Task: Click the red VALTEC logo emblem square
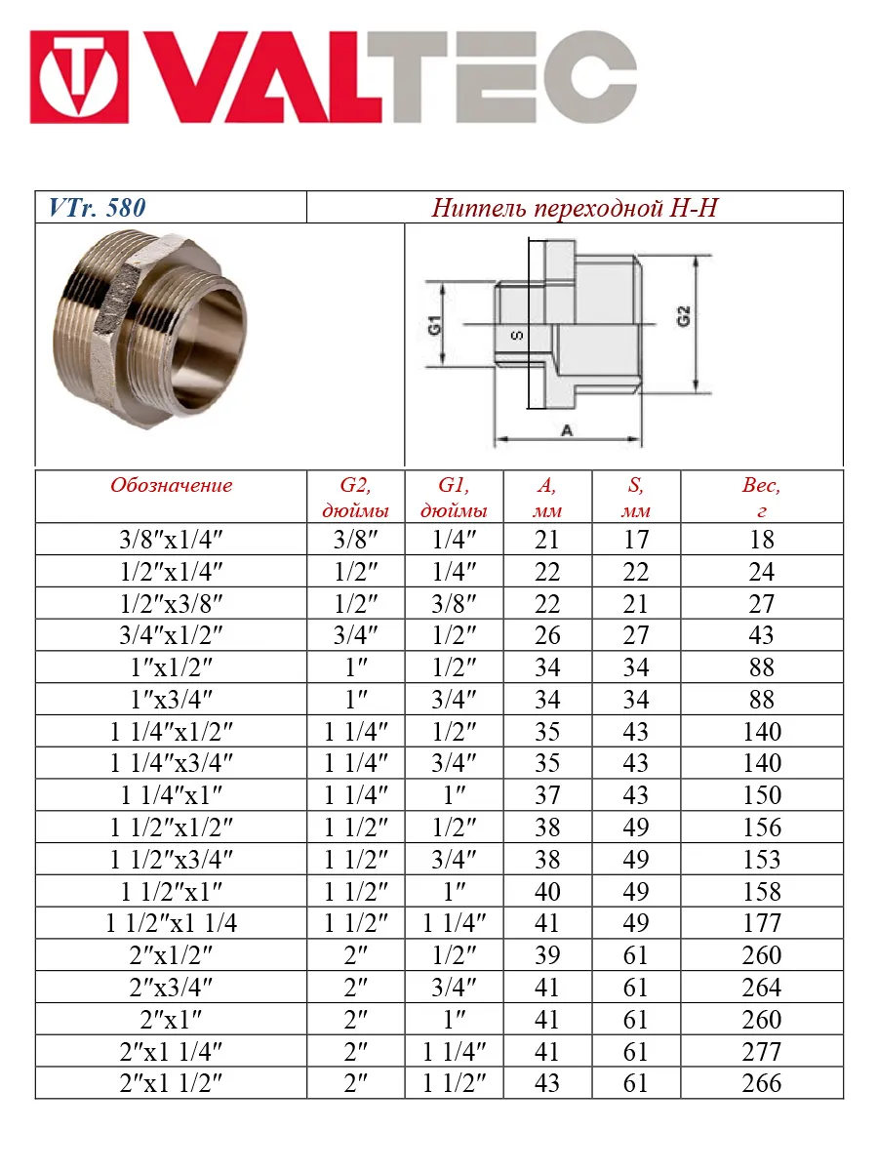point(79,77)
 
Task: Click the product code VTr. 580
point(97,208)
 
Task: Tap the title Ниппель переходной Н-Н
point(575,208)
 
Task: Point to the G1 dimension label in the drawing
point(435,325)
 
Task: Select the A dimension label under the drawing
point(567,430)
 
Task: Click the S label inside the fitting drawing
point(517,336)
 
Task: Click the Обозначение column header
point(171,485)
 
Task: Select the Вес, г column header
point(761,497)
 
